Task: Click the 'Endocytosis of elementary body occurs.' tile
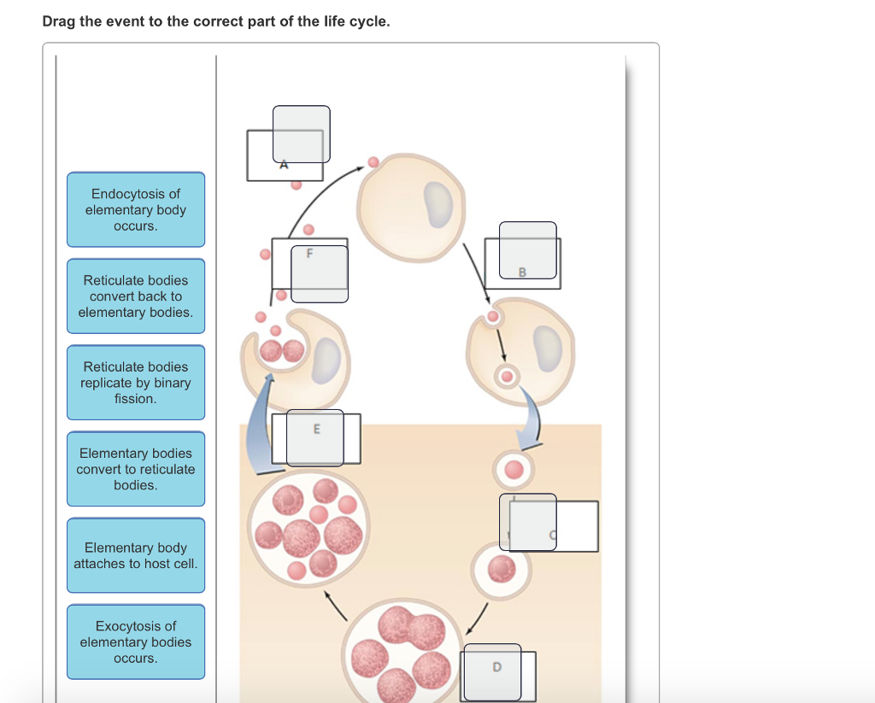point(136,210)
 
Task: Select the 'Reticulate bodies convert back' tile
point(136,296)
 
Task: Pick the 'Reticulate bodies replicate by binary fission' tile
point(136,383)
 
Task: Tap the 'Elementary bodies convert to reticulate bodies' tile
point(136,469)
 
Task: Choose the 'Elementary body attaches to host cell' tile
point(136,555)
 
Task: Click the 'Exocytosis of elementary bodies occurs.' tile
point(136,641)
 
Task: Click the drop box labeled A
point(301,134)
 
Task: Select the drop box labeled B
point(527,250)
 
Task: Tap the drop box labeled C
point(528,522)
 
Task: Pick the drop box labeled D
point(492,672)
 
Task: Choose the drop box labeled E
point(314,437)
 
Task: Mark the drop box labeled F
point(319,273)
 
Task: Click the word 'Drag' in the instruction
point(59,21)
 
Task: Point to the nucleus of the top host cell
point(438,205)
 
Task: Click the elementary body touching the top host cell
point(373,162)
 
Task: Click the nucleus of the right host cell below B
point(544,349)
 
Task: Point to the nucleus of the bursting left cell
point(326,359)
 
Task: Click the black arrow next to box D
point(477,618)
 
